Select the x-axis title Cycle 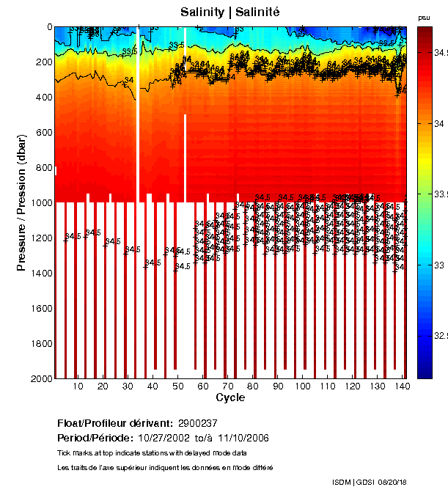click(230, 397)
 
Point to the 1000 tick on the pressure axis click(41, 203)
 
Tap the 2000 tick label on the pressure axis click(41, 378)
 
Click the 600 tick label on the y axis click(44, 133)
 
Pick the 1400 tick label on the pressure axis click(41, 274)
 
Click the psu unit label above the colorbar click(424, 17)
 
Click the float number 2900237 click(197, 423)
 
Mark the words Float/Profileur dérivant click(114, 423)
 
